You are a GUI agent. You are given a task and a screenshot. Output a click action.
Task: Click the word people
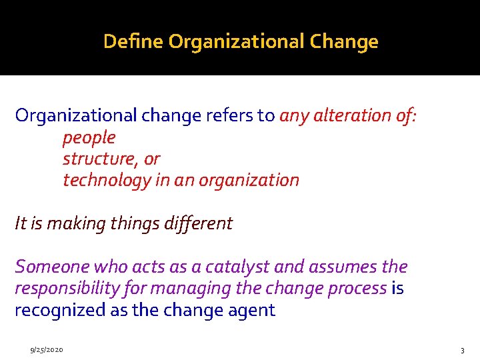pyautogui.click(x=89, y=138)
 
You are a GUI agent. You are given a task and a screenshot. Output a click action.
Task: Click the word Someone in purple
pyautogui.click(x=52, y=267)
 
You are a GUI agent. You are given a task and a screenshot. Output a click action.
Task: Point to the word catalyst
pyautogui.click(x=237, y=267)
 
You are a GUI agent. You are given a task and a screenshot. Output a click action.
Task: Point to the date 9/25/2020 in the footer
pyautogui.click(x=46, y=349)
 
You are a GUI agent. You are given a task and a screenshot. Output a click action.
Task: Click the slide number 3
pyautogui.click(x=462, y=350)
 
